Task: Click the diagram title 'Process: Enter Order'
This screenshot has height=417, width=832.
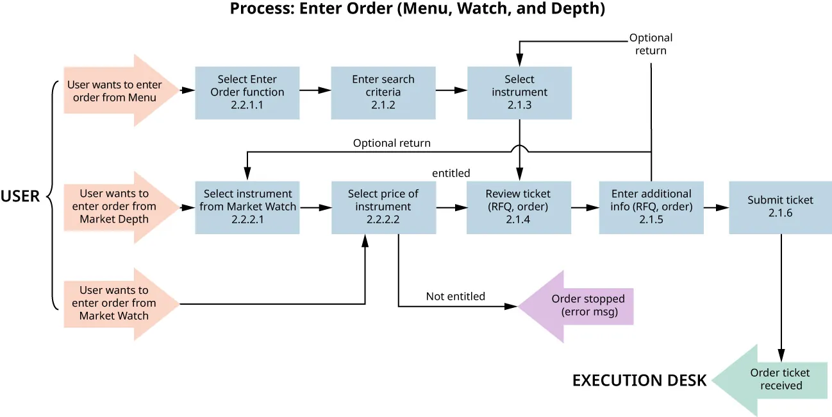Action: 417,10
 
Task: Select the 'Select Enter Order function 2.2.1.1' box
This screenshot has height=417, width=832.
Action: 247,92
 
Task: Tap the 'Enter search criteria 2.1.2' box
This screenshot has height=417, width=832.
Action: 383,92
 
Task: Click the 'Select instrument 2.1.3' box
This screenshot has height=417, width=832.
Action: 519,92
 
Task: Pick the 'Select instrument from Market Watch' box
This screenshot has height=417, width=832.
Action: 247,207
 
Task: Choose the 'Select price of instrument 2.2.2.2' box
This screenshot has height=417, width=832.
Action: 383,207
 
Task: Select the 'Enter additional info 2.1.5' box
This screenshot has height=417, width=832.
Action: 651,207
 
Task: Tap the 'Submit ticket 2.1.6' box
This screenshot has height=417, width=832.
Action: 780,207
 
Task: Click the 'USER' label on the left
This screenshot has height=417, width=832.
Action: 20,196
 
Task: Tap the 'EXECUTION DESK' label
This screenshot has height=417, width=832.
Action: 639,380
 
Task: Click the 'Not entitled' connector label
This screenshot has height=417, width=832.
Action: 455,296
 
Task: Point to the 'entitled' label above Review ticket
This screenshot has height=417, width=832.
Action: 451,173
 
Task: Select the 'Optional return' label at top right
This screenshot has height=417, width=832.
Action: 651,44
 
